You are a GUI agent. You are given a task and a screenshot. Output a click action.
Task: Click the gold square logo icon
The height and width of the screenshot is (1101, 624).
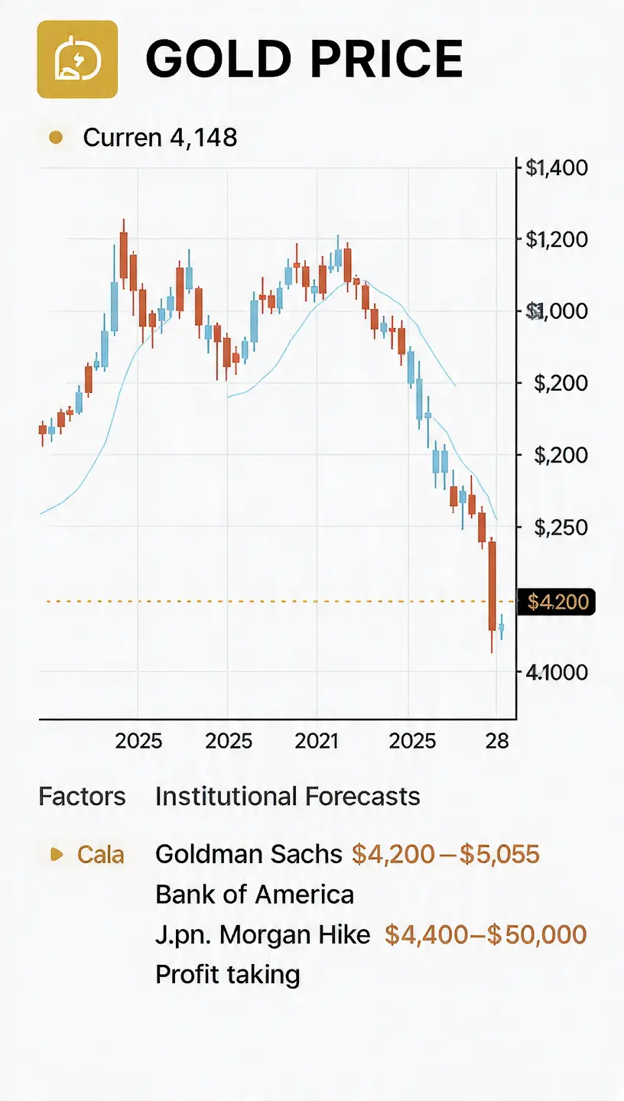click(77, 59)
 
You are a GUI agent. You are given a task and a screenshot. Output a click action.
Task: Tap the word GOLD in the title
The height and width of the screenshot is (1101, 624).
click(219, 59)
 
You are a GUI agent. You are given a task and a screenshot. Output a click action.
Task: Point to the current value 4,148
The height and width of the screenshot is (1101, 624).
click(203, 137)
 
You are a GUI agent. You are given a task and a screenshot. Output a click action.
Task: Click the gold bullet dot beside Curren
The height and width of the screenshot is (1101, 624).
click(56, 138)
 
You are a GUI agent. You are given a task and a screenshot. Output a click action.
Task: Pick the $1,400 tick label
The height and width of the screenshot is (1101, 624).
click(557, 168)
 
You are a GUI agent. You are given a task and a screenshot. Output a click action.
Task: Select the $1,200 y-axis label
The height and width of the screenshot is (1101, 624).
click(557, 240)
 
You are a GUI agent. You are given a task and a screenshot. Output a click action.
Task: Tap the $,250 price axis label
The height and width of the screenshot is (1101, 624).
click(561, 528)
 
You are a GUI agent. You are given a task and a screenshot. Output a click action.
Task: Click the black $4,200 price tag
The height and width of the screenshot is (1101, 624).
click(557, 602)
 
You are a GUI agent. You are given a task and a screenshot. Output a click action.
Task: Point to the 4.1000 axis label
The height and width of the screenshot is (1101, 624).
click(557, 672)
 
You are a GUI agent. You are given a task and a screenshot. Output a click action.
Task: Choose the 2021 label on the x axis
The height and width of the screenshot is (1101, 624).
click(317, 741)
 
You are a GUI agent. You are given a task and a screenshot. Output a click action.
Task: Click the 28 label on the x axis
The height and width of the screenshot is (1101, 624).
click(497, 741)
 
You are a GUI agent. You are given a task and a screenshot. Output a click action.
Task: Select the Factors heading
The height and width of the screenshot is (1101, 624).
click(82, 796)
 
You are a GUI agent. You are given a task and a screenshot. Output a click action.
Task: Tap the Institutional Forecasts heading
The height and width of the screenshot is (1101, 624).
click(288, 796)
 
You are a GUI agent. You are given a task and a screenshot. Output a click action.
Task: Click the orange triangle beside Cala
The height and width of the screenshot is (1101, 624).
click(57, 854)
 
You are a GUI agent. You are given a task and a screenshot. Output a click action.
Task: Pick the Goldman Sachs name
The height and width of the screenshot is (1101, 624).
click(249, 854)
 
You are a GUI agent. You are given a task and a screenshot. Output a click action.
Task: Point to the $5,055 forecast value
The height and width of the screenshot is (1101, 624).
click(499, 854)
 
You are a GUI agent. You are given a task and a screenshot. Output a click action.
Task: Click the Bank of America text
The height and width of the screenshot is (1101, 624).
click(255, 895)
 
